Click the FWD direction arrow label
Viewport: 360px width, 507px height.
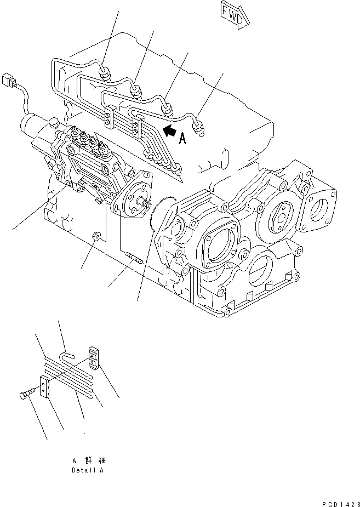235,13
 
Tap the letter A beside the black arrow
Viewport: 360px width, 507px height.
182,139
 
